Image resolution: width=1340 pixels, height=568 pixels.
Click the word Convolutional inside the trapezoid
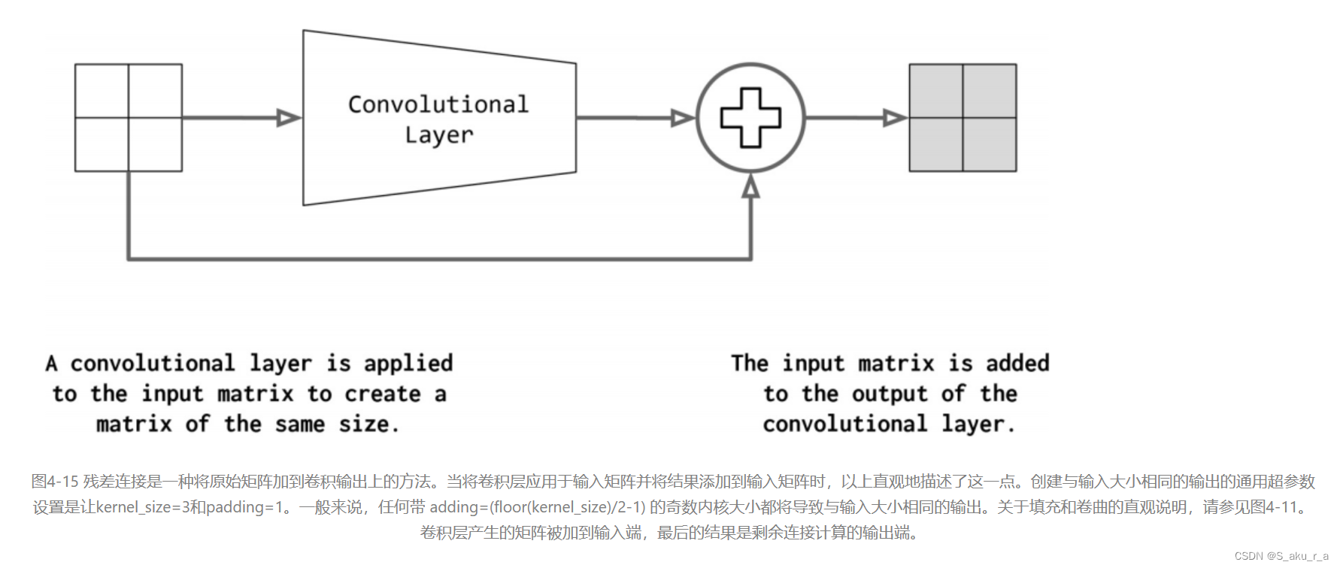coord(438,104)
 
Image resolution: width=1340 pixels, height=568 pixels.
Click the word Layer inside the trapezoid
coord(439,135)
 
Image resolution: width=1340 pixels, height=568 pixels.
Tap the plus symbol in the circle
coord(750,118)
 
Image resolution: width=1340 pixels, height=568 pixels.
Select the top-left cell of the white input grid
coord(102,91)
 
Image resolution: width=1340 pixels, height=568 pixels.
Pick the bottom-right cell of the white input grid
coord(156,144)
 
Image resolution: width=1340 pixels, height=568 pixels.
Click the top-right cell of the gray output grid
coord(990,91)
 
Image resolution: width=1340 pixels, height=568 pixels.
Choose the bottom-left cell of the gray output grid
coord(936,144)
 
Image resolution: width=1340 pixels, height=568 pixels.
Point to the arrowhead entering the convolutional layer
coord(288,118)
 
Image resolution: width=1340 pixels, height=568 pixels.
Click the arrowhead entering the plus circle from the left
coord(682,118)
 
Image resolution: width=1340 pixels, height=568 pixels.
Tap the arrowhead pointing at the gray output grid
coord(895,118)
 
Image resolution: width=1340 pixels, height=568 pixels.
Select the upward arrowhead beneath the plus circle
coord(750,186)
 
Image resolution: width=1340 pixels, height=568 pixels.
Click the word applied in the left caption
coord(408,364)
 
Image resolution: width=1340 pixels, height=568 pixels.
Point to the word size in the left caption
coord(364,424)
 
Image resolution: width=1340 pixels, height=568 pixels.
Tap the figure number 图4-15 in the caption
coord(55,482)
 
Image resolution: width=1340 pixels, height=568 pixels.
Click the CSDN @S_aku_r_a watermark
coord(1281,556)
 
